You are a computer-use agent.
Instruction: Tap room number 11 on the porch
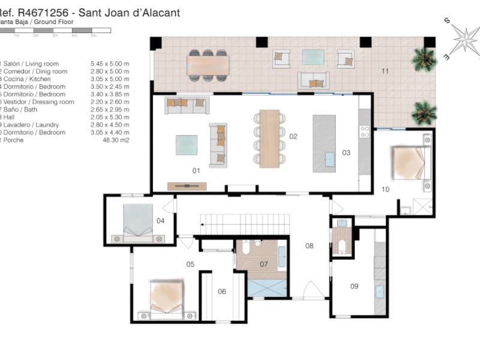pos(385,71)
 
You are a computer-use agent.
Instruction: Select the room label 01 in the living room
pos(196,170)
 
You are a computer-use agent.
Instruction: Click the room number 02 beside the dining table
pos(293,136)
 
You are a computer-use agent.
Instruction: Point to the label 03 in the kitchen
pos(346,152)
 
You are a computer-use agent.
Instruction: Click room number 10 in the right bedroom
pos(385,189)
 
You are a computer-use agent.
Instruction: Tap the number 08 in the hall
pos(310,245)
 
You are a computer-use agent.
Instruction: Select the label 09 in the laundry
pos(354,286)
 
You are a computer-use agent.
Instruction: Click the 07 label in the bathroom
pos(263,264)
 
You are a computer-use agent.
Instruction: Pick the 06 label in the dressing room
pos(222,292)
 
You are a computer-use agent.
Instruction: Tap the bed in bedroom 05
pos(166,296)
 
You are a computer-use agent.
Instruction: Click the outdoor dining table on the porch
pos(208,64)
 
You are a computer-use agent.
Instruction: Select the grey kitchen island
pos(324,143)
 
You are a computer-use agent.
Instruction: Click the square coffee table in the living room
pos(186,146)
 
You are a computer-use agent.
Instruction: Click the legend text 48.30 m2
pos(116,140)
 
